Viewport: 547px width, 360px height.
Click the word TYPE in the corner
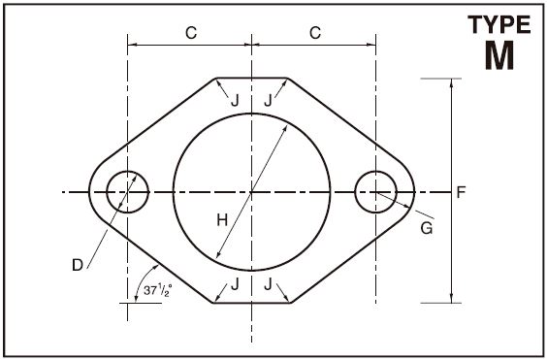tap(499, 24)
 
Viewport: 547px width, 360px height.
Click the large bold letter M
tap(499, 55)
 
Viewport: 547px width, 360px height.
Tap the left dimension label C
tap(191, 33)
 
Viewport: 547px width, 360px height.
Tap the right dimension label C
tap(315, 33)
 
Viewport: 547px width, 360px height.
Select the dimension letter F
tap(462, 192)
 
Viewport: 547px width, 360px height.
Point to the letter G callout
tap(427, 228)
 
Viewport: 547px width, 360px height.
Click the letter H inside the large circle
tap(222, 220)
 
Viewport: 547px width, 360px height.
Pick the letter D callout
tap(78, 265)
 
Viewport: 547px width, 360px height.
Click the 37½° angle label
tap(158, 290)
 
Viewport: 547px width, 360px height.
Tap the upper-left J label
tap(235, 101)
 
